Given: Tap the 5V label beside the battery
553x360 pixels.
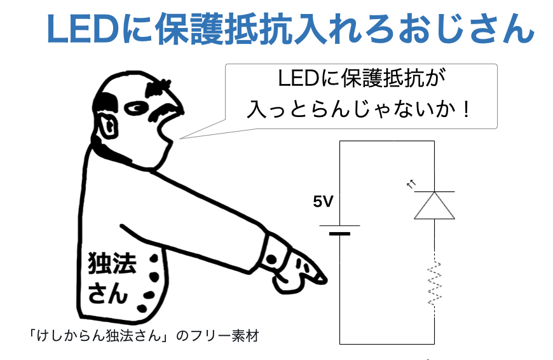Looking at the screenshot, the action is pyautogui.click(x=323, y=202).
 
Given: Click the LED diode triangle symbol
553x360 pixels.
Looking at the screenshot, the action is pyautogui.click(x=434, y=205).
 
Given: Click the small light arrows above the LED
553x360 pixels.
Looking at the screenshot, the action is pyautogui.click(x=411, y=184).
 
